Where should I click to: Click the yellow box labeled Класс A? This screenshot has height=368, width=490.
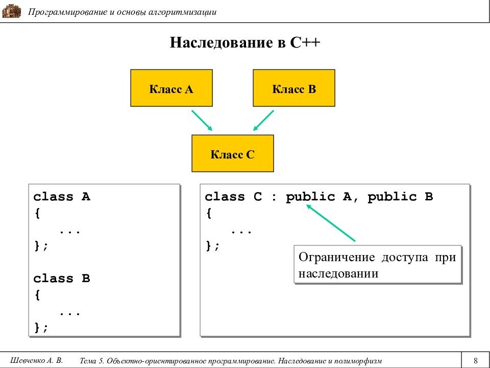[x=171, y=88]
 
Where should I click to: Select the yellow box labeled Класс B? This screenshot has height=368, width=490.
[x=294, y=88]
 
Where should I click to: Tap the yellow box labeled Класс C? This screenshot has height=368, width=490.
[x=232, y=153]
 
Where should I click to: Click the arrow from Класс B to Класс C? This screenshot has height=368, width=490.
[x=264, y=120]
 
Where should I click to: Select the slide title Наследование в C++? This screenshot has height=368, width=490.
[x=245, y=42]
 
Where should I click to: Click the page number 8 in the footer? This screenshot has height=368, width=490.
[x=475, y=360]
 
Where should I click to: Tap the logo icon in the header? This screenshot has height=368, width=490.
[x=11, y=11]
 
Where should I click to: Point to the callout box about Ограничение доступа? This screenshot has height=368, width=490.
[x=378, y=265]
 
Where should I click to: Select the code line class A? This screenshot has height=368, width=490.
[x=62, y=197]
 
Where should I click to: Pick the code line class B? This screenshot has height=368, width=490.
[x=62, y=279]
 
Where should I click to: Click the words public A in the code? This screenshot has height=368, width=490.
[x=318, y=197]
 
